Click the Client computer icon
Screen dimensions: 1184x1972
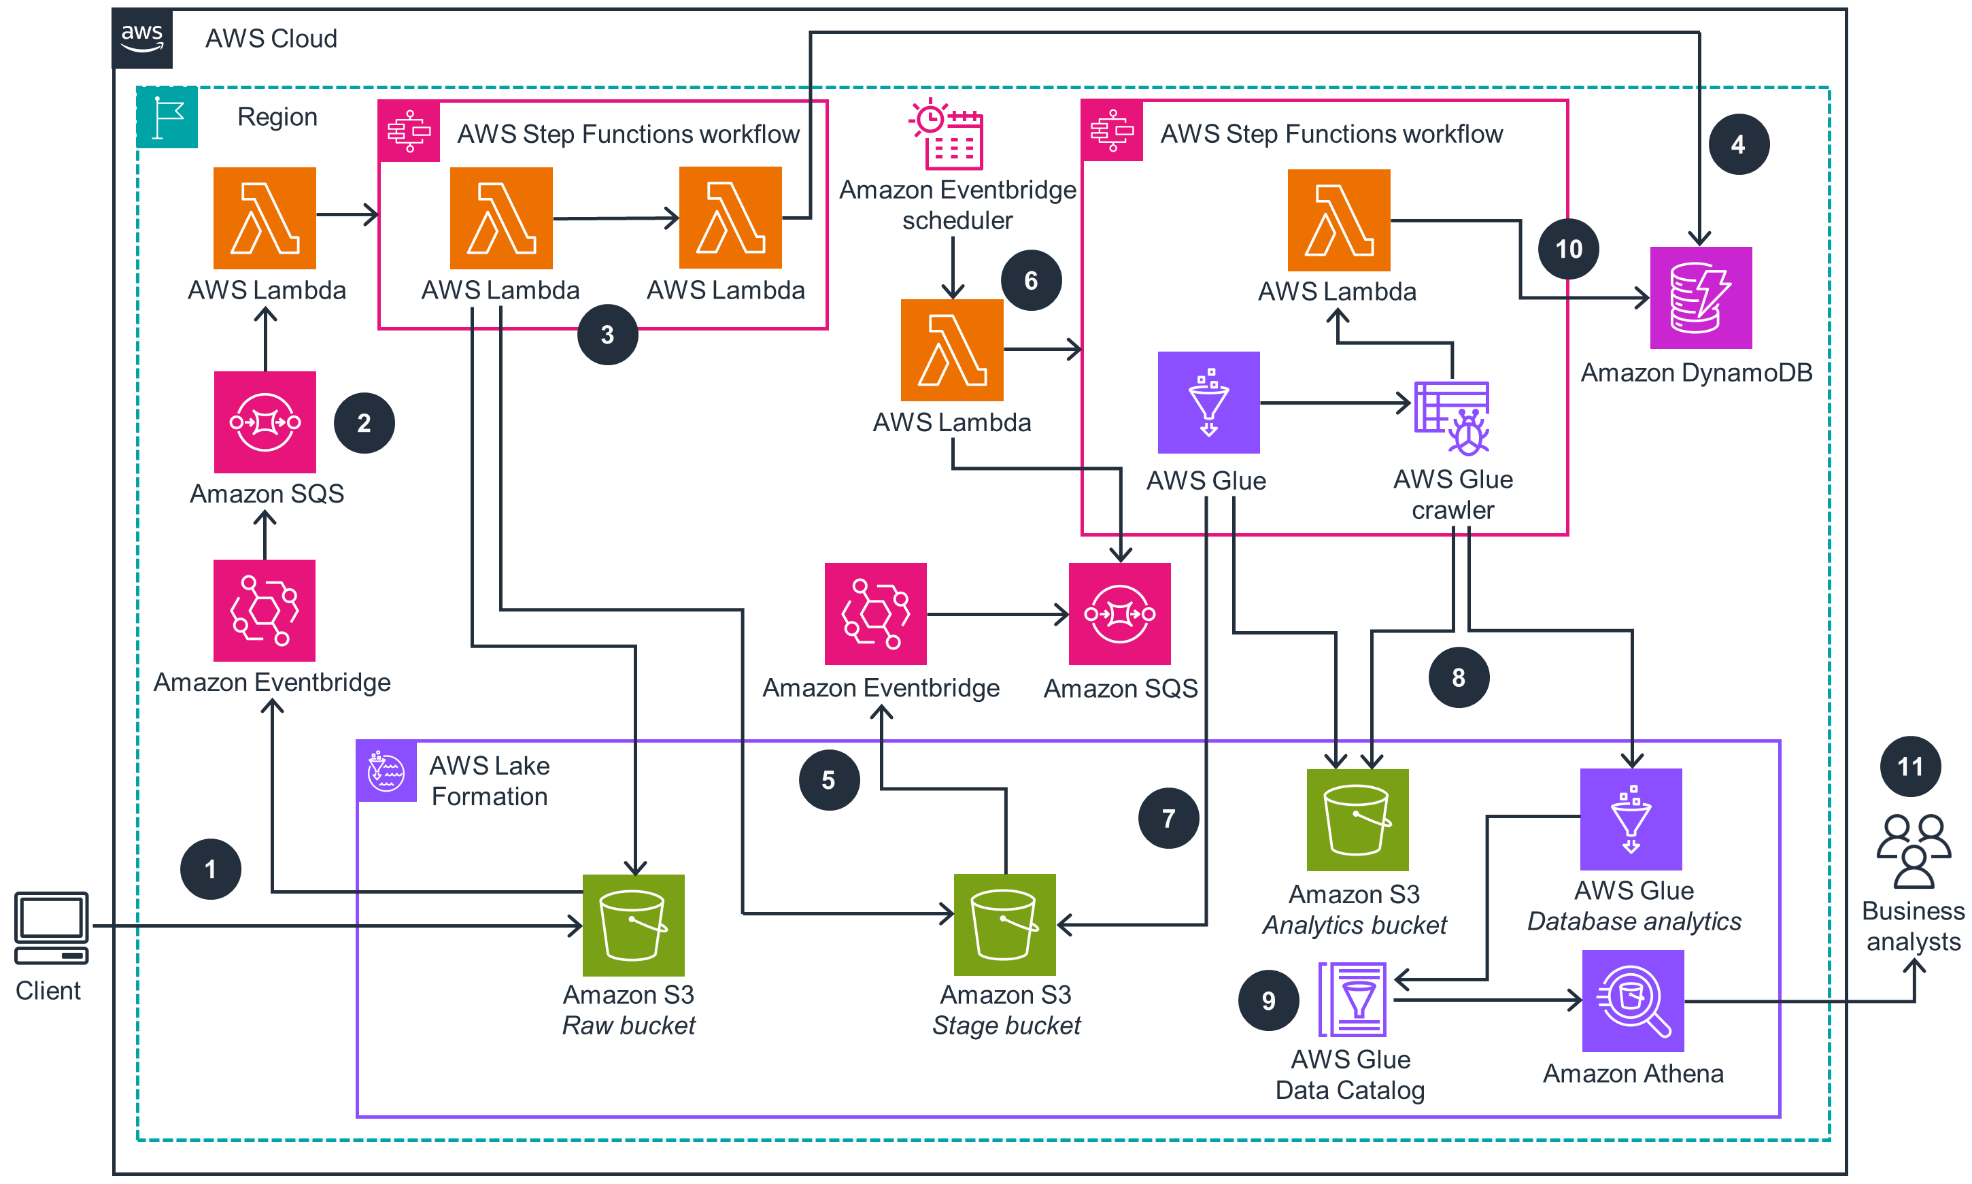click(51, 928)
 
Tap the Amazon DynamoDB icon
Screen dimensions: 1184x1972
click(1700, 298)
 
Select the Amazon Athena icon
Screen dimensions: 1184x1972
click(1632, 1000)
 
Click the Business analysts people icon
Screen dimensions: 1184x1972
click(1913, 851)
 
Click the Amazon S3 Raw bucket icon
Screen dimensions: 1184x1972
click(633, 925)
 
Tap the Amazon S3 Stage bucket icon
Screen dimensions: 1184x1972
click(1004, 925)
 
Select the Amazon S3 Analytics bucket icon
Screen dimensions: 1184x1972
click(1357, 819)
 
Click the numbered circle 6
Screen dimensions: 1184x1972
click(1031, 281)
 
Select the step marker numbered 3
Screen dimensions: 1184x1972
click(607, 335)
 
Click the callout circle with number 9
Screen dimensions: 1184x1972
click(1268, 1000)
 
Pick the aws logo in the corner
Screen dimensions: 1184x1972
click(142, 37)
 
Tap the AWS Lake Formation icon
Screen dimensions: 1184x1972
click(386, 771)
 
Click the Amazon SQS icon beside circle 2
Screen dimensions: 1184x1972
click(265, 422)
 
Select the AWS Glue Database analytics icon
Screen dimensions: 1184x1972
click(1631, 819)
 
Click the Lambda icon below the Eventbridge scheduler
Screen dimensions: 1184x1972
click(952, 350)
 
